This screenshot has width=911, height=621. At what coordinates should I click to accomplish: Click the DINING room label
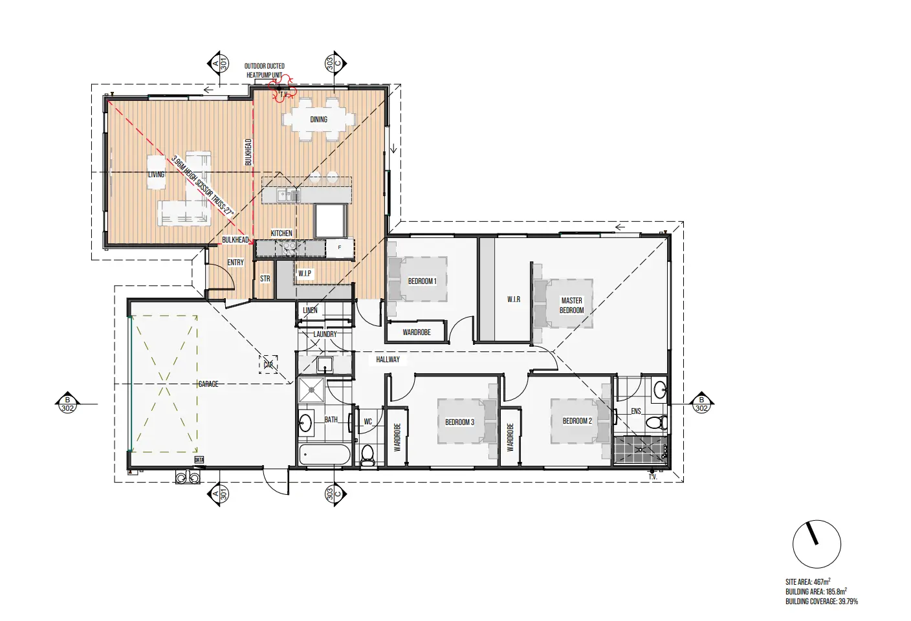pyautogui.click(x=318, y=120)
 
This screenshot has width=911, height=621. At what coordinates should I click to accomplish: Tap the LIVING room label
pyautogui.click(x=156, y=175)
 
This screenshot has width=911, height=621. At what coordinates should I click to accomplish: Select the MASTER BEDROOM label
pyautogui.click(x=571, y=305)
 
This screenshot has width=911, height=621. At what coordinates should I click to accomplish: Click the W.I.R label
pyautogui.click(x=514, y=300)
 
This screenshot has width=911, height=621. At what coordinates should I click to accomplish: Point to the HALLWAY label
pyautogui.click(x=388, y=360)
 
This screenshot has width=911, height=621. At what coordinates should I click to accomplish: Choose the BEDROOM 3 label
pyautogui.click(x=459, y=422)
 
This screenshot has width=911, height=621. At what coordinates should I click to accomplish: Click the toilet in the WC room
pyautogui.click(x=368, y=455)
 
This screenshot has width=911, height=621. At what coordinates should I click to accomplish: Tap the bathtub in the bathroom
pyautogui.click(x=325, y=455)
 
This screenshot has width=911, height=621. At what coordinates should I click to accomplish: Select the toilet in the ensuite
pyautogui.click(x=657, y=422)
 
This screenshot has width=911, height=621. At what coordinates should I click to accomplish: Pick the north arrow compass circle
pyautogui.click(x=817, y=544)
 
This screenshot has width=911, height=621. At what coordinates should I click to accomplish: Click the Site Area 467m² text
pyautogui.click(x=807, y=582)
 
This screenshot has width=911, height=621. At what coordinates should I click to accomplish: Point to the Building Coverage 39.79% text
pyautogui.click(x=822, y=602)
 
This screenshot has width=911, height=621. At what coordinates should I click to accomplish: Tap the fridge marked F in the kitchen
pyautogui.click(x=340, y=248)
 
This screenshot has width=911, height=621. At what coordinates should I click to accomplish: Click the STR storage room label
pyautogui.click(x=265, y=279)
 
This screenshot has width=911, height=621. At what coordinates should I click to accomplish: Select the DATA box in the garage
pyautogui.click(x=199, y=460)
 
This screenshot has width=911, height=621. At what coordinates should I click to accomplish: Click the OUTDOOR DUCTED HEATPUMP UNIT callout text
pyautogui.click(x=265, y=71)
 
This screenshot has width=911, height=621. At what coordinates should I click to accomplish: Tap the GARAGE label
pyautogui.click(x=208, y=384)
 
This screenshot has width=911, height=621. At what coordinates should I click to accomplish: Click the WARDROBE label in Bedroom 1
pyautogui.click(x=417, y=332)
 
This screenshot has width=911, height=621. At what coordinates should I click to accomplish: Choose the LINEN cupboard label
pyautogui.click(x=310, y=310)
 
